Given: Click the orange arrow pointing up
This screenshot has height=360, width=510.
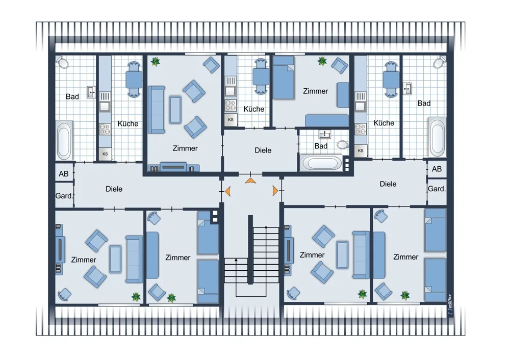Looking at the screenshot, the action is coord(250,181).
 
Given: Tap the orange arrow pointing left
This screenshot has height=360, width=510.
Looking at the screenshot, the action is coord(228,191).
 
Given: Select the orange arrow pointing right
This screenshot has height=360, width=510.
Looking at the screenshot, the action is coord(275,191).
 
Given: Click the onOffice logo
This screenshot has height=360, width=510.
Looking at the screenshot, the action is coord(450,304).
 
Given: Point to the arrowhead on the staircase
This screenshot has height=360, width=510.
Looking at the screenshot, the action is coord(236,260).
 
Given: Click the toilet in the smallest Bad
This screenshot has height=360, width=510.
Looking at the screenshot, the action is coord(342,144).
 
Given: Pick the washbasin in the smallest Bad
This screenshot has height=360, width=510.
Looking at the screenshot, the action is coord(324,134).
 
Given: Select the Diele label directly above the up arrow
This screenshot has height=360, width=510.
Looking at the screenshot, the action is coord(263,150).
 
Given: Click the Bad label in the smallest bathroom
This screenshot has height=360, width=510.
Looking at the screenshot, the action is coord(321,146).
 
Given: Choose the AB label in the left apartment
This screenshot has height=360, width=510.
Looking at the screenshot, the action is coord(64,174).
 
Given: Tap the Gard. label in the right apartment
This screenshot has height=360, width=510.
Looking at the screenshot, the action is coord(437,189).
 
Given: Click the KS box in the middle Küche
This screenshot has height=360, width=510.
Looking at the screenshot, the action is coord(231,120).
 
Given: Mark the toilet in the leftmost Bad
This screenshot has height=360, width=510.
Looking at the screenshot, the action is coord(62,62).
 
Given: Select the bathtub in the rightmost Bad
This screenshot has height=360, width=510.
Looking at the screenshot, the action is coord(437,137).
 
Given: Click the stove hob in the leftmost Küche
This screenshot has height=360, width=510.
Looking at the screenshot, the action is coord(105,129).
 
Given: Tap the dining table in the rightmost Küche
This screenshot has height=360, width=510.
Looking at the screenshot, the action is coord(391,79).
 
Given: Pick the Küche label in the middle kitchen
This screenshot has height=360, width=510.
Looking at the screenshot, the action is coord(253,109).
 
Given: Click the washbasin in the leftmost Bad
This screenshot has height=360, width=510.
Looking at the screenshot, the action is coord(91,92).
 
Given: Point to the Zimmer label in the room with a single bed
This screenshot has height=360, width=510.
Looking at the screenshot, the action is coord(316,91).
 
